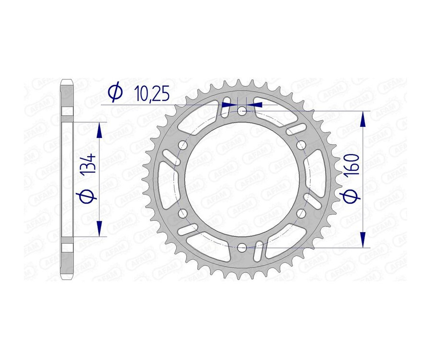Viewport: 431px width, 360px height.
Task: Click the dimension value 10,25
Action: (152, 94)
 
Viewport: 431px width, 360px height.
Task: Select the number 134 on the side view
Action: (91, 164)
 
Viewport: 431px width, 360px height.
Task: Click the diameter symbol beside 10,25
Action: (115, 92)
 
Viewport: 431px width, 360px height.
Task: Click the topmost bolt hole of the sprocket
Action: (242, 111)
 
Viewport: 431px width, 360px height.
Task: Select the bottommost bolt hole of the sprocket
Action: (242, 247)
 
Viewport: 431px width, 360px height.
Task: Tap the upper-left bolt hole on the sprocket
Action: (182, 145)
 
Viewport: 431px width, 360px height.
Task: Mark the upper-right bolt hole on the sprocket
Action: (301, 145)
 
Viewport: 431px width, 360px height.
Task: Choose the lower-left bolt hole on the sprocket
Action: (182, 213)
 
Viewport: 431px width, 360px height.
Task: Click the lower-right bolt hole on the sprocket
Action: (301, 213)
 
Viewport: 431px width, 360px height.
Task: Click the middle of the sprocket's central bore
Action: (242, 179)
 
